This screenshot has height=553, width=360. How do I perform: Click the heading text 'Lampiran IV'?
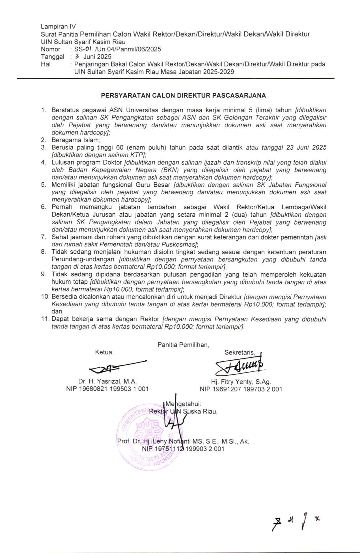[x=58, y=27]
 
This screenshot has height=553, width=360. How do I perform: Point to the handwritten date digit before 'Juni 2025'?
[x=76, y=56]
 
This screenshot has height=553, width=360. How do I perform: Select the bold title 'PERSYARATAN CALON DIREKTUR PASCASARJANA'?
[x=184, y=96]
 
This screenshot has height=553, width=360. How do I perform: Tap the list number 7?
[x=43, y=237]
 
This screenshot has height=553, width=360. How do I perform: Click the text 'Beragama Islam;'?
[x=76, y=140]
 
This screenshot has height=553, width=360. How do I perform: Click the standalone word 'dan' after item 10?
[x=57, y=311]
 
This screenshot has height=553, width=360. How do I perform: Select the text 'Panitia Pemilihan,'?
[x=183, y=345]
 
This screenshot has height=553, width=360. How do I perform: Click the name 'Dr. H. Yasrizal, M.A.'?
[x=107, y=381]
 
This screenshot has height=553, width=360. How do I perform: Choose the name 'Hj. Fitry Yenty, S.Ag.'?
[x=241, y=382]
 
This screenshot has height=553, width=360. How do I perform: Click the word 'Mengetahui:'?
[x=183, y=404]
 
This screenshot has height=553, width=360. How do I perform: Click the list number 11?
[x=45, y=319]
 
